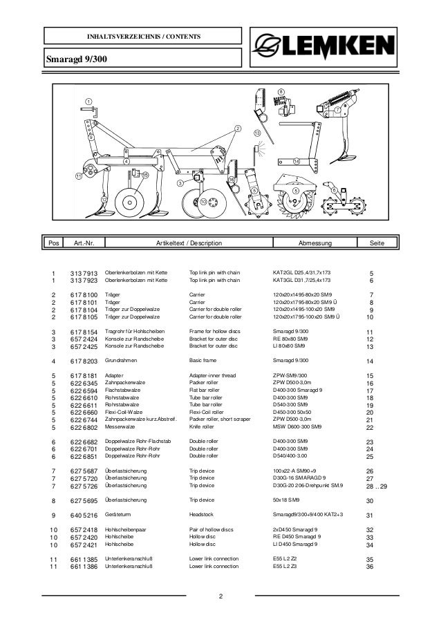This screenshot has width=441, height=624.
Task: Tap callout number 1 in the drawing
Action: tap(88, 102)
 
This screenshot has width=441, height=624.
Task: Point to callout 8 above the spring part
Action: tap(281, 91)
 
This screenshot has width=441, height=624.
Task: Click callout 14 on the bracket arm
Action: tap(297, 161)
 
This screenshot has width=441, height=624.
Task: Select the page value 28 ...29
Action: tap(377, 487)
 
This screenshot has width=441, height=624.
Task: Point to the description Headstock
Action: tap(203, 515)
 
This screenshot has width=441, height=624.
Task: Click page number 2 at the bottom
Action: tap(220, 597)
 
